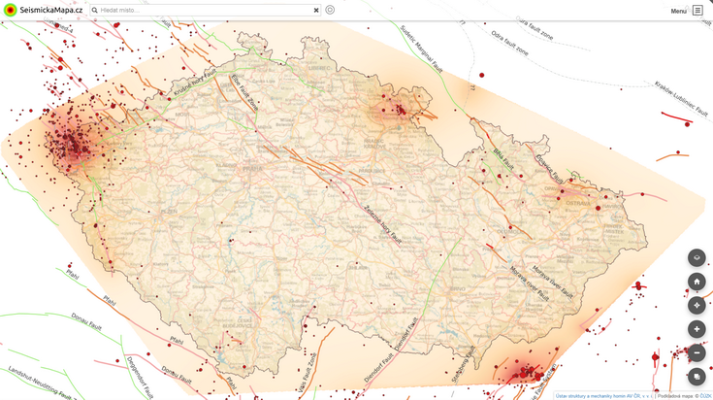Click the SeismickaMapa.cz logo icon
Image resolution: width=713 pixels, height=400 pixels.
click(11, 10)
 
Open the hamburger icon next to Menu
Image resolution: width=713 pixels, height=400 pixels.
click(697, 11)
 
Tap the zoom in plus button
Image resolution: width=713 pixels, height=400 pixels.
click(697, 329)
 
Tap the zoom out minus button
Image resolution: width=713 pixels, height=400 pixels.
click(697, 352)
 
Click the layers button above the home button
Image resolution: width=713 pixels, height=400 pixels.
click(697, 257)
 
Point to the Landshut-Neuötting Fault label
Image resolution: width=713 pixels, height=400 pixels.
click(39, 384)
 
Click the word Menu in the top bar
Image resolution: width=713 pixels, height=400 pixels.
click(678, 11)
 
